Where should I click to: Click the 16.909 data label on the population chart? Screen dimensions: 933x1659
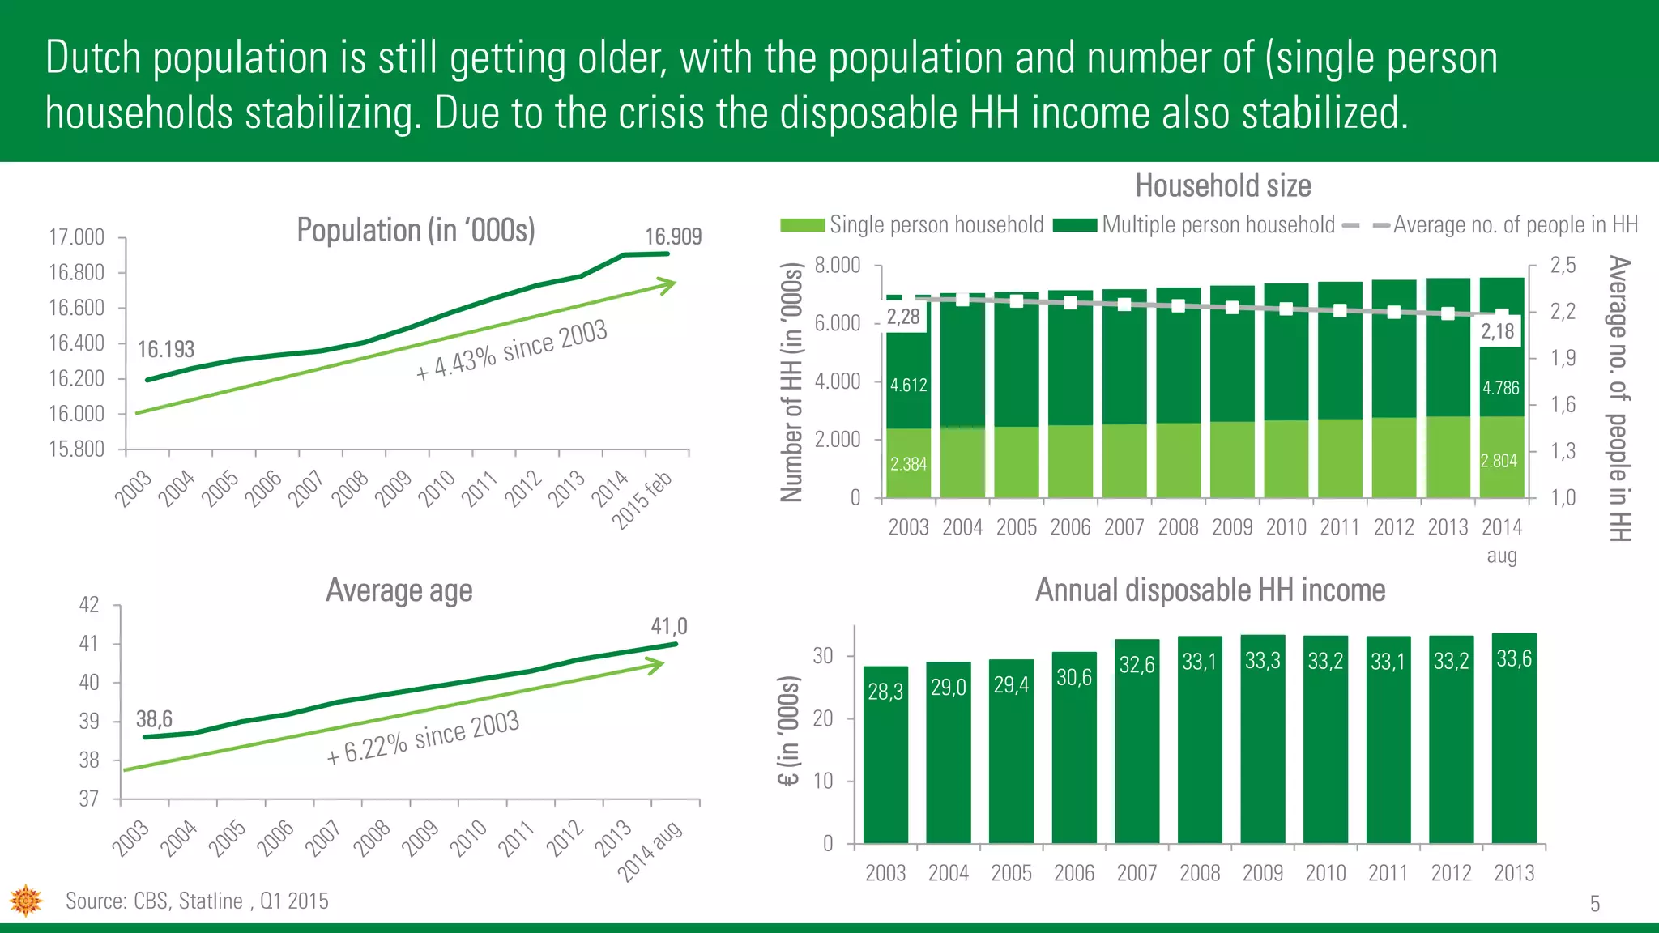click(672, 236)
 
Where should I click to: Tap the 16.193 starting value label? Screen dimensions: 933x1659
click(166, 349)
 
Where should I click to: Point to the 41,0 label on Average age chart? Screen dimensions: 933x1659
click(668, 626)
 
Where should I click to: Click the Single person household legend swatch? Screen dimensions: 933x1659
click(802, 225)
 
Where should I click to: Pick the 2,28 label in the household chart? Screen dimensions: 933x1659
click(903, 317)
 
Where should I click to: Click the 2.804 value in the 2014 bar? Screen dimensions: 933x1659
click(1499, 461)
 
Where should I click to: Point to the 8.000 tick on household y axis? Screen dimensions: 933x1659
click(837, 265)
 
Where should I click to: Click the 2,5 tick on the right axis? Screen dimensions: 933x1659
click(1563, 265)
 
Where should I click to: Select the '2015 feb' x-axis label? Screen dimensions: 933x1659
click(642, 501)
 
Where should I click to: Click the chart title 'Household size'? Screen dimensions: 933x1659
click(1222, 185)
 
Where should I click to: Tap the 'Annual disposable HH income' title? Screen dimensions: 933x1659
click(1210, 590)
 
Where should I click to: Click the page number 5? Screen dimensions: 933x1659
click(1594, 904)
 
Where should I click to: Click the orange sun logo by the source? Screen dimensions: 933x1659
click(26, 901)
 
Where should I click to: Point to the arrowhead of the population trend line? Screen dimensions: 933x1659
click(667, 285)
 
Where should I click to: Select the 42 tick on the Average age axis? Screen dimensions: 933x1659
click(89, 605)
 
